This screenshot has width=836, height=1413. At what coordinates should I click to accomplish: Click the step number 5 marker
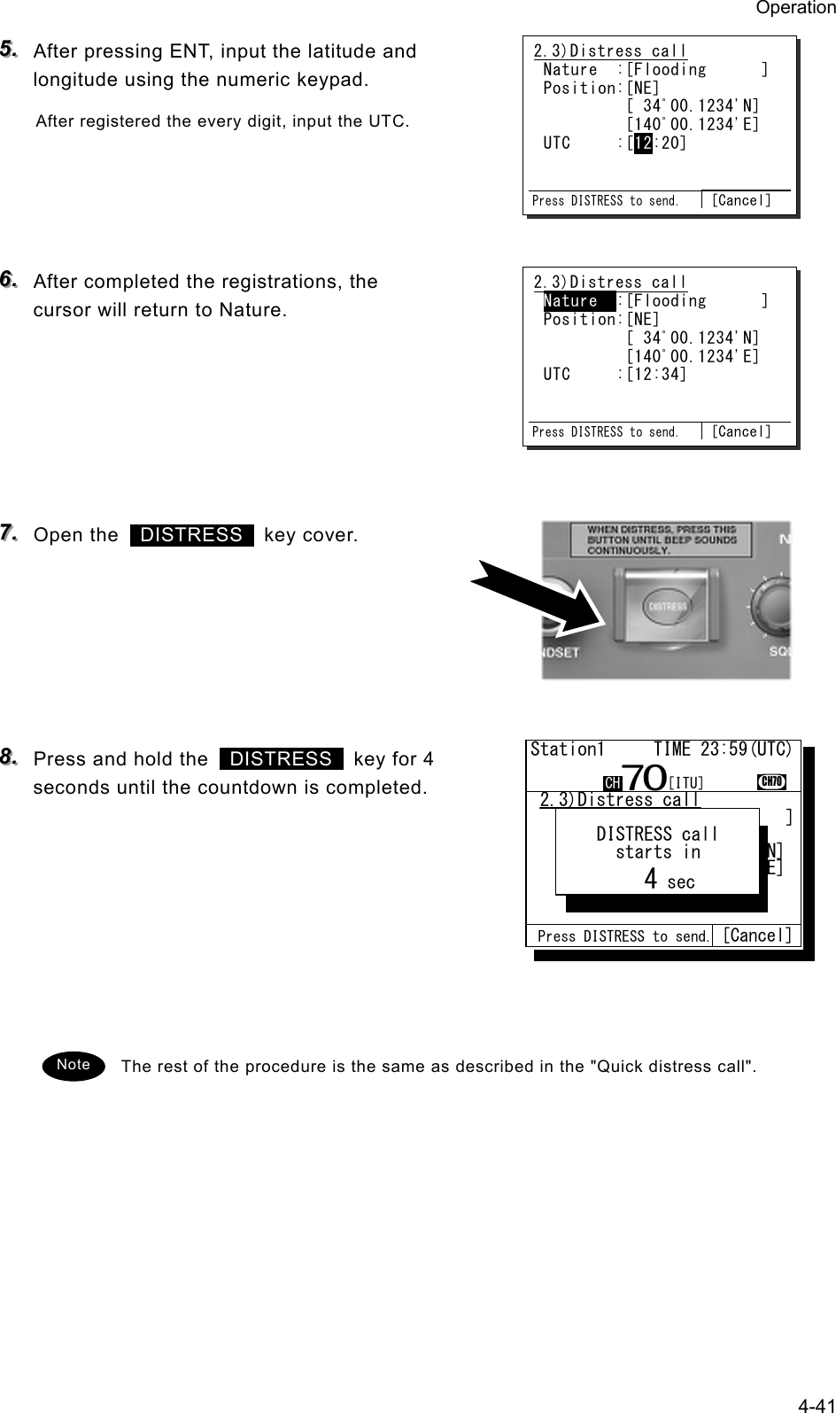click(12, 49)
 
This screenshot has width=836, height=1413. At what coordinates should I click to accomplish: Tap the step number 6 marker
click(12, 280)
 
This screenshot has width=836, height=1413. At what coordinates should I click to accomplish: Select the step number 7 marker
click(12, 533)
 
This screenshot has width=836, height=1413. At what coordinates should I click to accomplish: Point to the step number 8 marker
click(12, 757)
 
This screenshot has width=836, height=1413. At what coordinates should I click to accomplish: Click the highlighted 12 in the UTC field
click(643, 143)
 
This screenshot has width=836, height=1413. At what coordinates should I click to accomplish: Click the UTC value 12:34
click(656, 375)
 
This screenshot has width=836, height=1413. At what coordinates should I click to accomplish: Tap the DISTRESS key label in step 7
click(191, 535)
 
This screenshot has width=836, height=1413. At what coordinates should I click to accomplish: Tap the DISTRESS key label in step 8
click(281, 759)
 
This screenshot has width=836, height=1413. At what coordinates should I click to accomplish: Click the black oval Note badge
click(74, 1064)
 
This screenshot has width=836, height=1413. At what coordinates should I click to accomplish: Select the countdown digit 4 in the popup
click(651, 879)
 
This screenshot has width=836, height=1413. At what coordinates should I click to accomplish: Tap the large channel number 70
click(645, 779)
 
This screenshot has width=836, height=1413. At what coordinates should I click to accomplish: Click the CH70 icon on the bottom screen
click(772, 780)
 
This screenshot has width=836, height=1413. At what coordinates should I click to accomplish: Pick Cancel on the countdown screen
click(757, 936)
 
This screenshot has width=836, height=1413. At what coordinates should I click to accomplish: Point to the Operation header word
click(794, 8)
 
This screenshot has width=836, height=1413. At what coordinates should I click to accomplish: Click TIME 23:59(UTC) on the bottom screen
click(723, 749)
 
